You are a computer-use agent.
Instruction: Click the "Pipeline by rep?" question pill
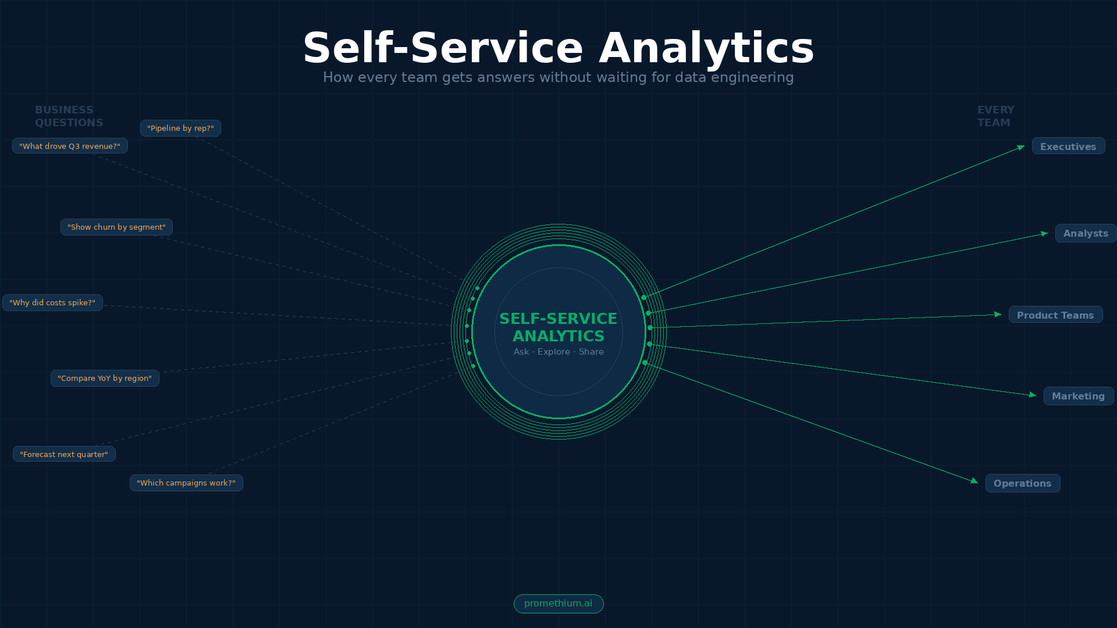[180, 129]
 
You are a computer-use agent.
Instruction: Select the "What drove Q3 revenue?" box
[70, 146]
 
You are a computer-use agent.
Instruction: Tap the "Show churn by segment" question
[116, 227]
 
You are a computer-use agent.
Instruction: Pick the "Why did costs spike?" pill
[52, 303]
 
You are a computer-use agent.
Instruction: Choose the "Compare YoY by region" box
[105, 379]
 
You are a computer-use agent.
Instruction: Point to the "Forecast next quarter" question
[64, 454]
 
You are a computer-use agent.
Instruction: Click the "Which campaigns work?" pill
[186, 483]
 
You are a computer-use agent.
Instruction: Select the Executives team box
[1068, 147]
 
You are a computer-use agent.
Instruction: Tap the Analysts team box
[1086, 233]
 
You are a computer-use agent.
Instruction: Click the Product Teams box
[1055, 315]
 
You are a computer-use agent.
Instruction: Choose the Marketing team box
[1078, 396]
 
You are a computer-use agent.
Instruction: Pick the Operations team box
[1022, 483]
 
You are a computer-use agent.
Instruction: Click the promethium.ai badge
[558, 604]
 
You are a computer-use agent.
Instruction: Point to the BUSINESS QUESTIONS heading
[69, 116]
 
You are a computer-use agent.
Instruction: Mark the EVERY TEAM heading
[995, 116]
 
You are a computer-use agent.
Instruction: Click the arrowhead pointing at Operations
[974, 481]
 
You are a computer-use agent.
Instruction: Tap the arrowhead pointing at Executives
[1021, 148]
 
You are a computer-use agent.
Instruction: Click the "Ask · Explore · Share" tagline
[558, 352]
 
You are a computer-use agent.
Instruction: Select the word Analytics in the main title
[706, 48]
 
